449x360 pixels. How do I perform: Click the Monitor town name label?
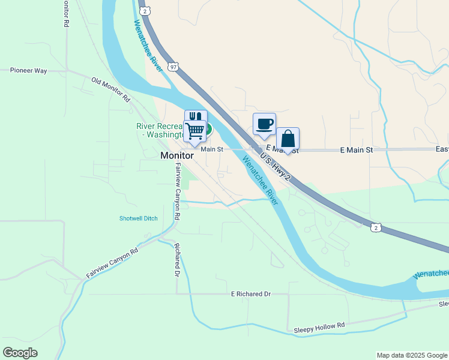(177, 155)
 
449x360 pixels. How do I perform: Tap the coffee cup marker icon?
(264, 124)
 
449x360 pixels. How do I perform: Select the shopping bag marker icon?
(288, 139)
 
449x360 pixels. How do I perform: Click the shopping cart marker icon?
(194, 130)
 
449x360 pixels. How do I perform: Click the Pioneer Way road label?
(29, 71)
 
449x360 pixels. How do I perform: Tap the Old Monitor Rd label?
(110, 88)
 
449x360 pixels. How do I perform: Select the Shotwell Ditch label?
(138, 218)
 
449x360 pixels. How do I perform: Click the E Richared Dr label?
(251, 294)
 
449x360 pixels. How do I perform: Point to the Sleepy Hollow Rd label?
(319, 328)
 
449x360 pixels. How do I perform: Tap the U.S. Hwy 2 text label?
(276, 169)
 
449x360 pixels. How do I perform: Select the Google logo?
(20, 353)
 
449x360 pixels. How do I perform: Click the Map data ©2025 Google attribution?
(412, 355)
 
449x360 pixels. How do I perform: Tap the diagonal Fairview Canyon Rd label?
(112, 262)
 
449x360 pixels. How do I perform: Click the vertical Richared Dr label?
(177, 259)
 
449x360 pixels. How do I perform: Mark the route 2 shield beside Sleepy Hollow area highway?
(375, 227)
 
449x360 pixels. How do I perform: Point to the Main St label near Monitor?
(211, 149)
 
